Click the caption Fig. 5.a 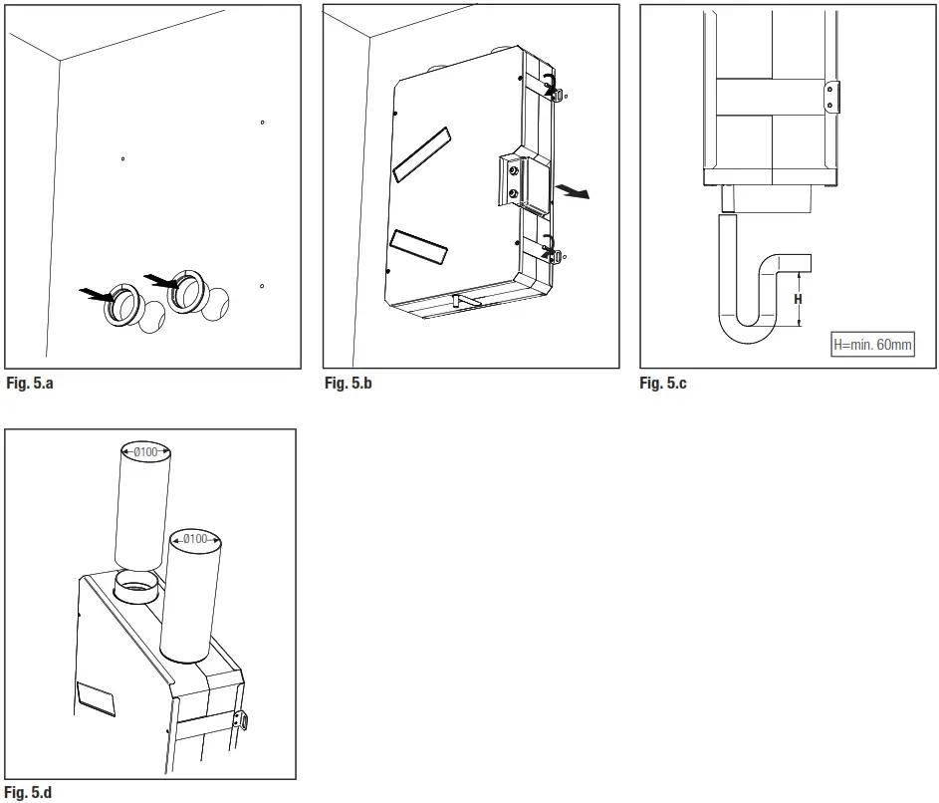[x=29, y=383]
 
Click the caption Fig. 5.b [x=348, y=383]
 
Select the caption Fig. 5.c [x=663, y=383]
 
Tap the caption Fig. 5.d [x=29, y=793]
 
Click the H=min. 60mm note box [x=871, y=346]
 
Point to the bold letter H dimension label [x=798, y=299]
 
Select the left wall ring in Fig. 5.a [x=124, y=305]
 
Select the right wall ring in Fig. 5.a [x=188, y=290]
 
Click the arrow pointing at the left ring [x=96, y=293]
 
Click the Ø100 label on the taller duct [x=144, y=452]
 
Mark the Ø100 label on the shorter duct [x=195, y=539]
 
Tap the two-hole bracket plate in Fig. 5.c [x=832, y=97]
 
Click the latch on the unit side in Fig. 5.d [x=239, y=719]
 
